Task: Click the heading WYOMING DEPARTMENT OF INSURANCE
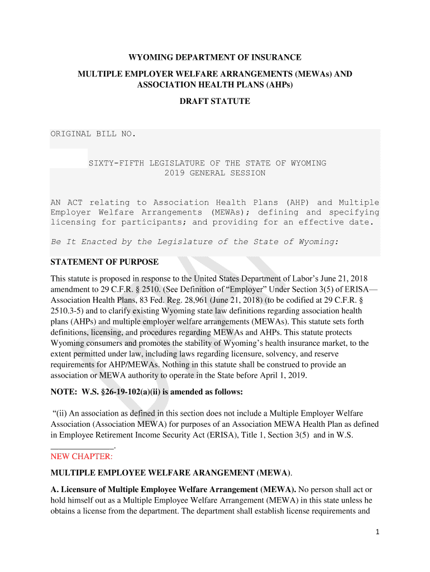click(x=215, y=58)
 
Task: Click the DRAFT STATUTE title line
click(x=214, y=102)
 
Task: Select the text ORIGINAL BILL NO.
click(x=93, y=134)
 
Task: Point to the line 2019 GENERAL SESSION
click(x=215, y=173)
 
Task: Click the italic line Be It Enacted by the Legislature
click(x=195, y=242)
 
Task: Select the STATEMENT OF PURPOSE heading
click(x=104, y=262)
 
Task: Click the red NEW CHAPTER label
click(x=81, y=456)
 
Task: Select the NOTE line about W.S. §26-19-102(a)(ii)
click(x=147, y=392)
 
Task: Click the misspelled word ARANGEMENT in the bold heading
click(x=199, y=473)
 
